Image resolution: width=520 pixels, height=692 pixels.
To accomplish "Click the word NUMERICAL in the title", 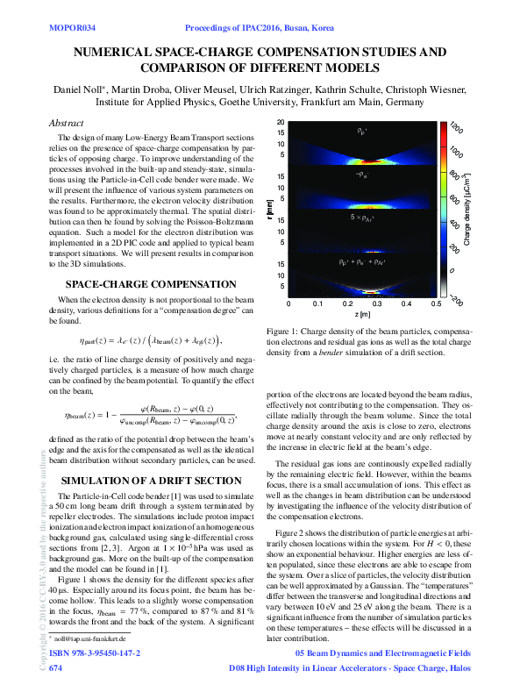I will point(120,53).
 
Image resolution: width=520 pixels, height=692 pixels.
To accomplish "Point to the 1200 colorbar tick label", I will point(455,129).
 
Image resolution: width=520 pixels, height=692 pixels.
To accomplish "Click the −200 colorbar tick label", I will point(455,296).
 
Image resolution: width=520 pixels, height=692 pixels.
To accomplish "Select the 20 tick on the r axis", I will point(280,123).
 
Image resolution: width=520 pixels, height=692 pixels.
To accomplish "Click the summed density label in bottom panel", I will point(361,261).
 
